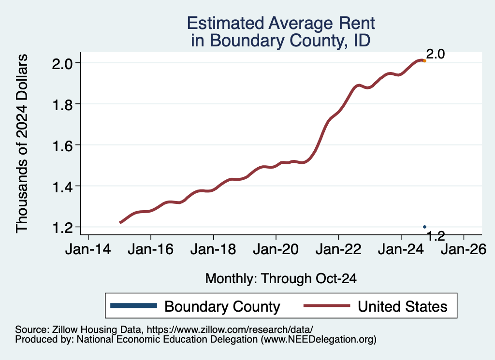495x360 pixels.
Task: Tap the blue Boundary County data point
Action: (x=424, y=227)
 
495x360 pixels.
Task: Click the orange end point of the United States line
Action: (x=424, y=61)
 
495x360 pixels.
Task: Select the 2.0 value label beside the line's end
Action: (x=435, y=54)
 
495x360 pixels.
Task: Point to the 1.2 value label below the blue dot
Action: (x=436, y=236)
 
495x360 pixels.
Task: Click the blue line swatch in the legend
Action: (x=133, y=306)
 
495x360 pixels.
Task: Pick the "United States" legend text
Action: (x=402, y=306)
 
